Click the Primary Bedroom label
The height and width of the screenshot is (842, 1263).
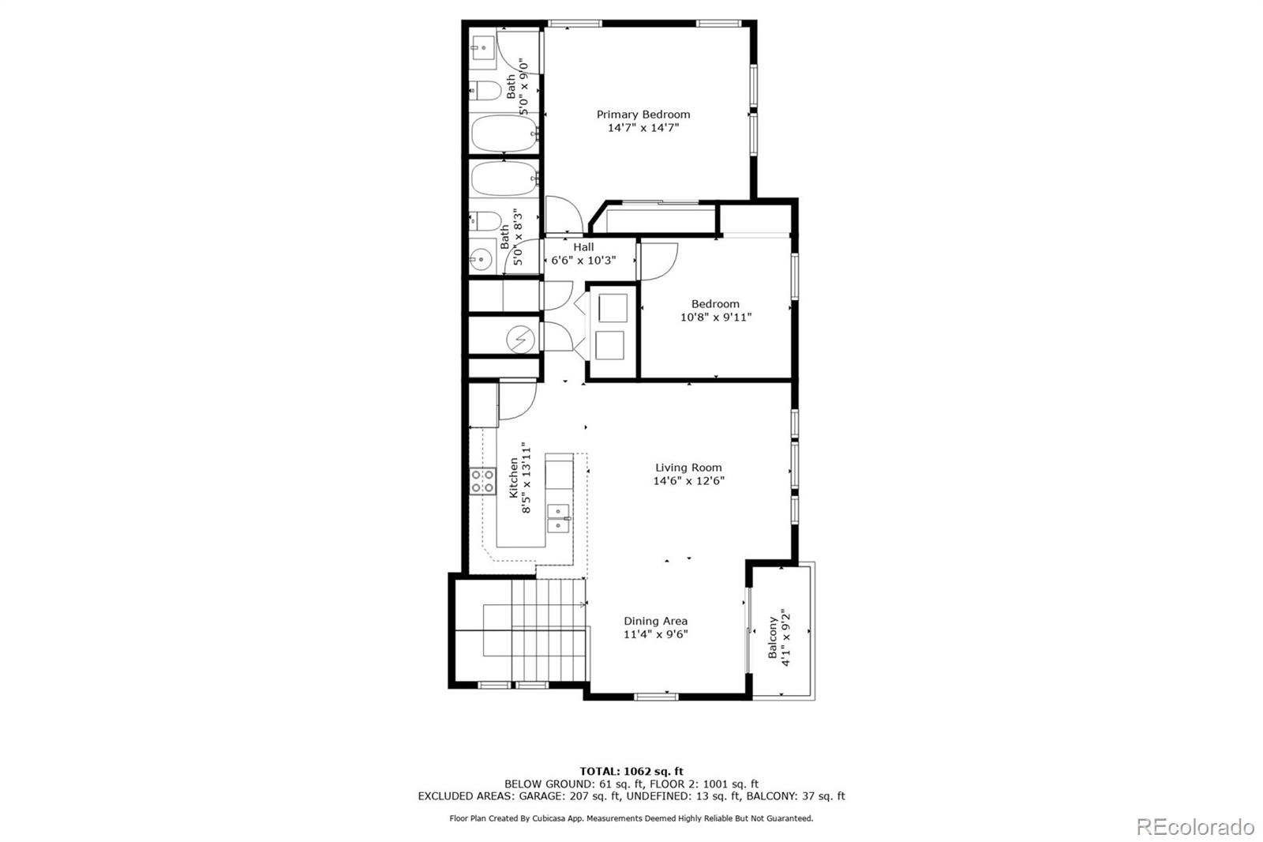coord(643,115)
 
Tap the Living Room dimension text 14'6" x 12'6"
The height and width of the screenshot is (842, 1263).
coord(688,480)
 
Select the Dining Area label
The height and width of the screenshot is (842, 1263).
coord(655,621)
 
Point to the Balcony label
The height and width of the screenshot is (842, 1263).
coord(773,637)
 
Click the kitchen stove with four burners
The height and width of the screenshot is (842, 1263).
coord(482,481)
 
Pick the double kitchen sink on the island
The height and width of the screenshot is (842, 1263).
coord(559,517)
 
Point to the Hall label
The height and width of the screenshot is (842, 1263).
coord(583,247)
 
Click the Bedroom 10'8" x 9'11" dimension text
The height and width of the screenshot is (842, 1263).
coord(715,318)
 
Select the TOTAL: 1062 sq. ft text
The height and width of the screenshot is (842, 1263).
coord(631,771)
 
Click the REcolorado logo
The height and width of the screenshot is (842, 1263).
coord(1194,827)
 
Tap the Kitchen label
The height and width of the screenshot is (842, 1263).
coord(514,478)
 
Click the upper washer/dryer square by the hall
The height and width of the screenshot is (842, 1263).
coord(613,306)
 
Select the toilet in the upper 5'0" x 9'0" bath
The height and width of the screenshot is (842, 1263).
coord(485,90)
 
